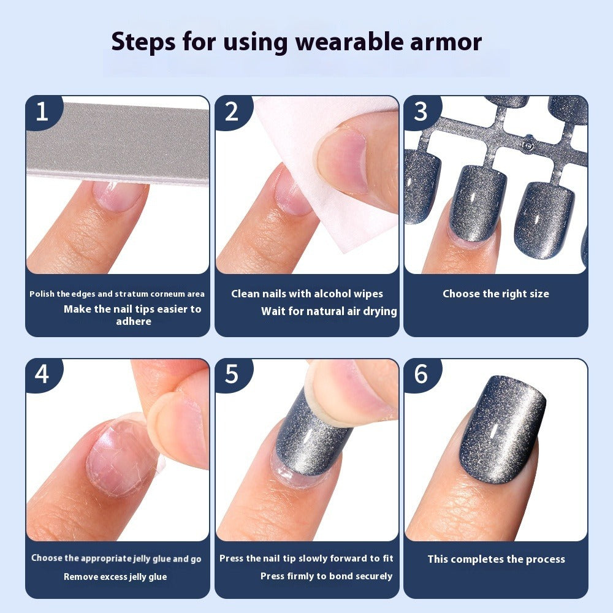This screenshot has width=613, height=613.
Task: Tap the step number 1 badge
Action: (x=42, y=112)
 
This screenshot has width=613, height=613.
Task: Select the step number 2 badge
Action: (x=231, y=112)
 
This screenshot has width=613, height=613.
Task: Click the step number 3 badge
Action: (x=421, y=112)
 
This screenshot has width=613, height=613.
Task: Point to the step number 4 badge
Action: (x=42, y=374)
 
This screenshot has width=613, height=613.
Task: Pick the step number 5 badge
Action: (x=231, y=374)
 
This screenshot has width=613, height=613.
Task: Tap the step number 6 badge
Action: (x=421, y=374)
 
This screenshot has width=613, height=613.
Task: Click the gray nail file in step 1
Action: (x=116, y=144)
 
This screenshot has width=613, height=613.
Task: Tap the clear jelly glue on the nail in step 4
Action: (x=116, y=457)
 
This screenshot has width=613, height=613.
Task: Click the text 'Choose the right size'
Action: (x=496, y=294)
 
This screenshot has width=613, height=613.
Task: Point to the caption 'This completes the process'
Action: (x=496, y=559)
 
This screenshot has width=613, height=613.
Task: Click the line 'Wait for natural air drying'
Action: (x=329, y=311)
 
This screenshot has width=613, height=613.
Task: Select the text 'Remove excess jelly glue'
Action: (x=115, y=577)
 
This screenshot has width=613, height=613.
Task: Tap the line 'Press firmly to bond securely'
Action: (x=326, y=576)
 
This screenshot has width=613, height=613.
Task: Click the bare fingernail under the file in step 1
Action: (x=120, y=196)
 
